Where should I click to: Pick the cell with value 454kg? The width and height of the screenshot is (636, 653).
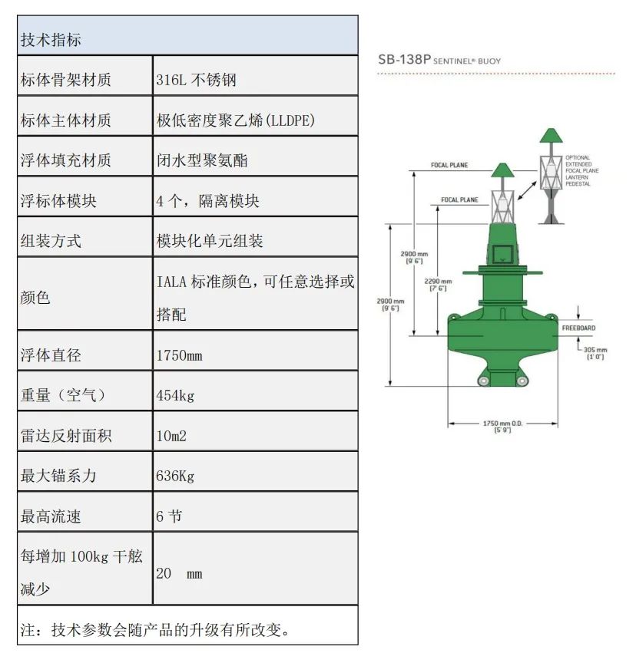coord(175,395)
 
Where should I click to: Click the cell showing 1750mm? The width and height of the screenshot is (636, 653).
coord(179,355)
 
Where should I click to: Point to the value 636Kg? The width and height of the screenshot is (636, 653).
coord(175,476)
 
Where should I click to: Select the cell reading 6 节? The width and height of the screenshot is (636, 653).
coord(169,516)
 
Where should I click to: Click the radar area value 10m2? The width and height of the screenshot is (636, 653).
coord(171,436)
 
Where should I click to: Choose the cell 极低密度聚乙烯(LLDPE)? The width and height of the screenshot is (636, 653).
coord(235,120)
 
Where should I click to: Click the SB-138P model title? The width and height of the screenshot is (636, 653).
coord(439,59)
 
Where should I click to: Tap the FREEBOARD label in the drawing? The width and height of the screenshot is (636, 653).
coord(578,328)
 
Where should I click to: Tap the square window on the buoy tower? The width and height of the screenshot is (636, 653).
coord(502,253)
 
